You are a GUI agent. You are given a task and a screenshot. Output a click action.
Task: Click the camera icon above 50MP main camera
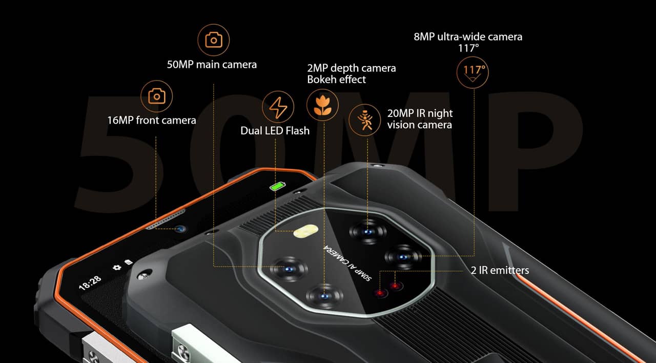(x=213, y=39)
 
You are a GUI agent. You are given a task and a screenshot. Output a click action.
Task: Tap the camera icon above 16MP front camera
(x=156, y=96)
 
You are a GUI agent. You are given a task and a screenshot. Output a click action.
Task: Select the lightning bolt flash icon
(x=278, y=107)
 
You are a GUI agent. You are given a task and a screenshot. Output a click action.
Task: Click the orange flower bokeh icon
(x=322, y=105)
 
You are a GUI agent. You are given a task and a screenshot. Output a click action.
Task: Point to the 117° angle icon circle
(x=473, y=72)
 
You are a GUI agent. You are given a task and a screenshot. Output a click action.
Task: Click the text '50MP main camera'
(x=212, y=65)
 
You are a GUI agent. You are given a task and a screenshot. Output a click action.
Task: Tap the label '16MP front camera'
(x=152, y=120)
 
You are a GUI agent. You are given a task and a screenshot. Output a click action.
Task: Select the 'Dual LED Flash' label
(x=275, y=131)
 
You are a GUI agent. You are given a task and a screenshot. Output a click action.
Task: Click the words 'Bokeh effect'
(x=336, y=79)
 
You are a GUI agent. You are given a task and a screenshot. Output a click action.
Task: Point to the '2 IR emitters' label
(x=500, y=270)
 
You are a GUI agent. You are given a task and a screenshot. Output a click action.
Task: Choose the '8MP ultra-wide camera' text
(x=468, y=37)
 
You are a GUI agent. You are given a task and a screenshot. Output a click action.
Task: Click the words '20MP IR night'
(x=420, y=113)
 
